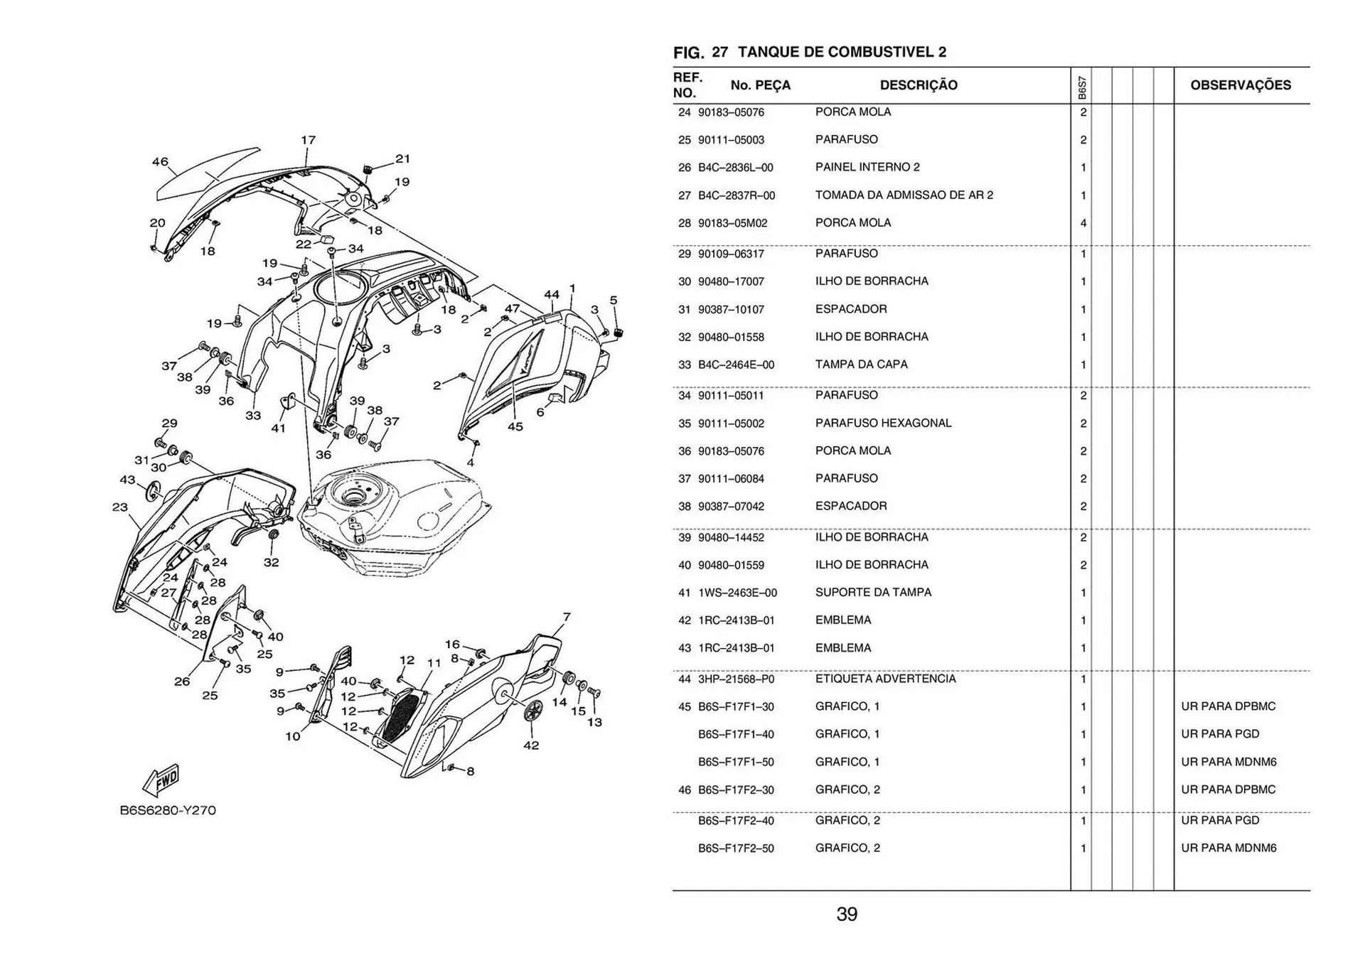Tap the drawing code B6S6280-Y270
point(168,810)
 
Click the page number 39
point(847,914)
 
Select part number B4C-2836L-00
point(735,168)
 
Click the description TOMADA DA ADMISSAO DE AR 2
point(904,195)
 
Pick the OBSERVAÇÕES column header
point(1241,85)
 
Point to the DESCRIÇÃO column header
point(919,85)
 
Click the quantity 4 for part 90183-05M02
point(1083,223)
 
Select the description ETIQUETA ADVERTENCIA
point(885,679)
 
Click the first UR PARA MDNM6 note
point(1228,762)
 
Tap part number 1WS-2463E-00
point(737,593)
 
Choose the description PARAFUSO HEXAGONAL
point(883,423)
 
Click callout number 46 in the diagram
point(160,161)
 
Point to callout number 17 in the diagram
point(308,140)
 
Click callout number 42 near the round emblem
point(531,745)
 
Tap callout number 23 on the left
point(119,507)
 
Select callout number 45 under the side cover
point(515,426)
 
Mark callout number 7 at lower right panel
point(567,617)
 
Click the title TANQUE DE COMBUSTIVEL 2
point(842,52)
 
